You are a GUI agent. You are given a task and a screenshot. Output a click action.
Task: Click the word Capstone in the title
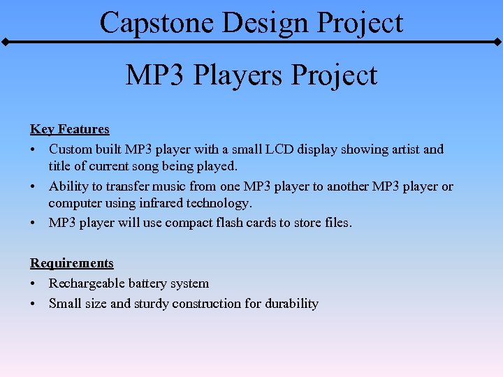156,22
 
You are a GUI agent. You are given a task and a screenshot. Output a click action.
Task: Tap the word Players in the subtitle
239,75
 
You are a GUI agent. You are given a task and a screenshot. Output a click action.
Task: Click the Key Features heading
70,129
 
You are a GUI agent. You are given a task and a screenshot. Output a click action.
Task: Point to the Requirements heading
71,263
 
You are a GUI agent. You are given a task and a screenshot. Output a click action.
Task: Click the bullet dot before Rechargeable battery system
33,284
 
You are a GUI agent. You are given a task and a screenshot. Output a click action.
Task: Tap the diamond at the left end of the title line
4,43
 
